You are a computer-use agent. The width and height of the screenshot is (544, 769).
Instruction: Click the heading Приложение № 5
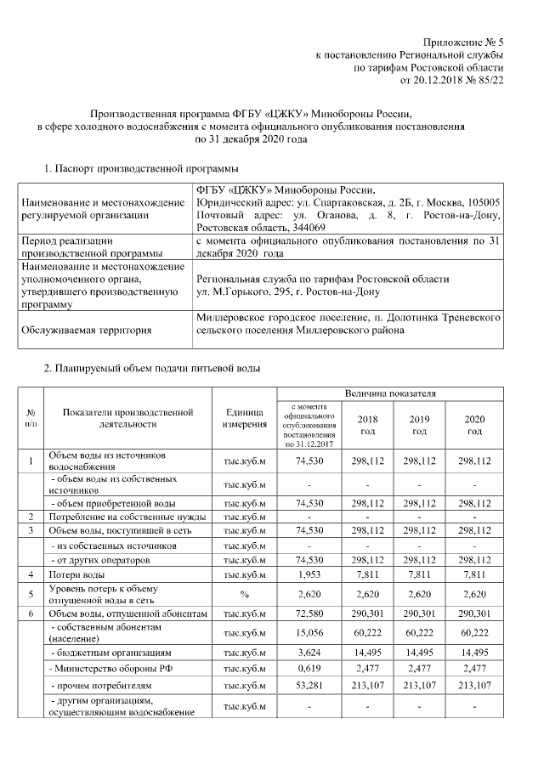(464, 42)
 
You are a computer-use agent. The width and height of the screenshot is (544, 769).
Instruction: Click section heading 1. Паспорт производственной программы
(141, 169)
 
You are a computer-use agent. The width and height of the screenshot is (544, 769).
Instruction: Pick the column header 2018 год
(367, 425)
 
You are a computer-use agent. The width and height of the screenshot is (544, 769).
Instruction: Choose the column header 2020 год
(474, 425)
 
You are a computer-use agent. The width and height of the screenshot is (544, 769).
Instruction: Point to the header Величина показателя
(390, 394)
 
